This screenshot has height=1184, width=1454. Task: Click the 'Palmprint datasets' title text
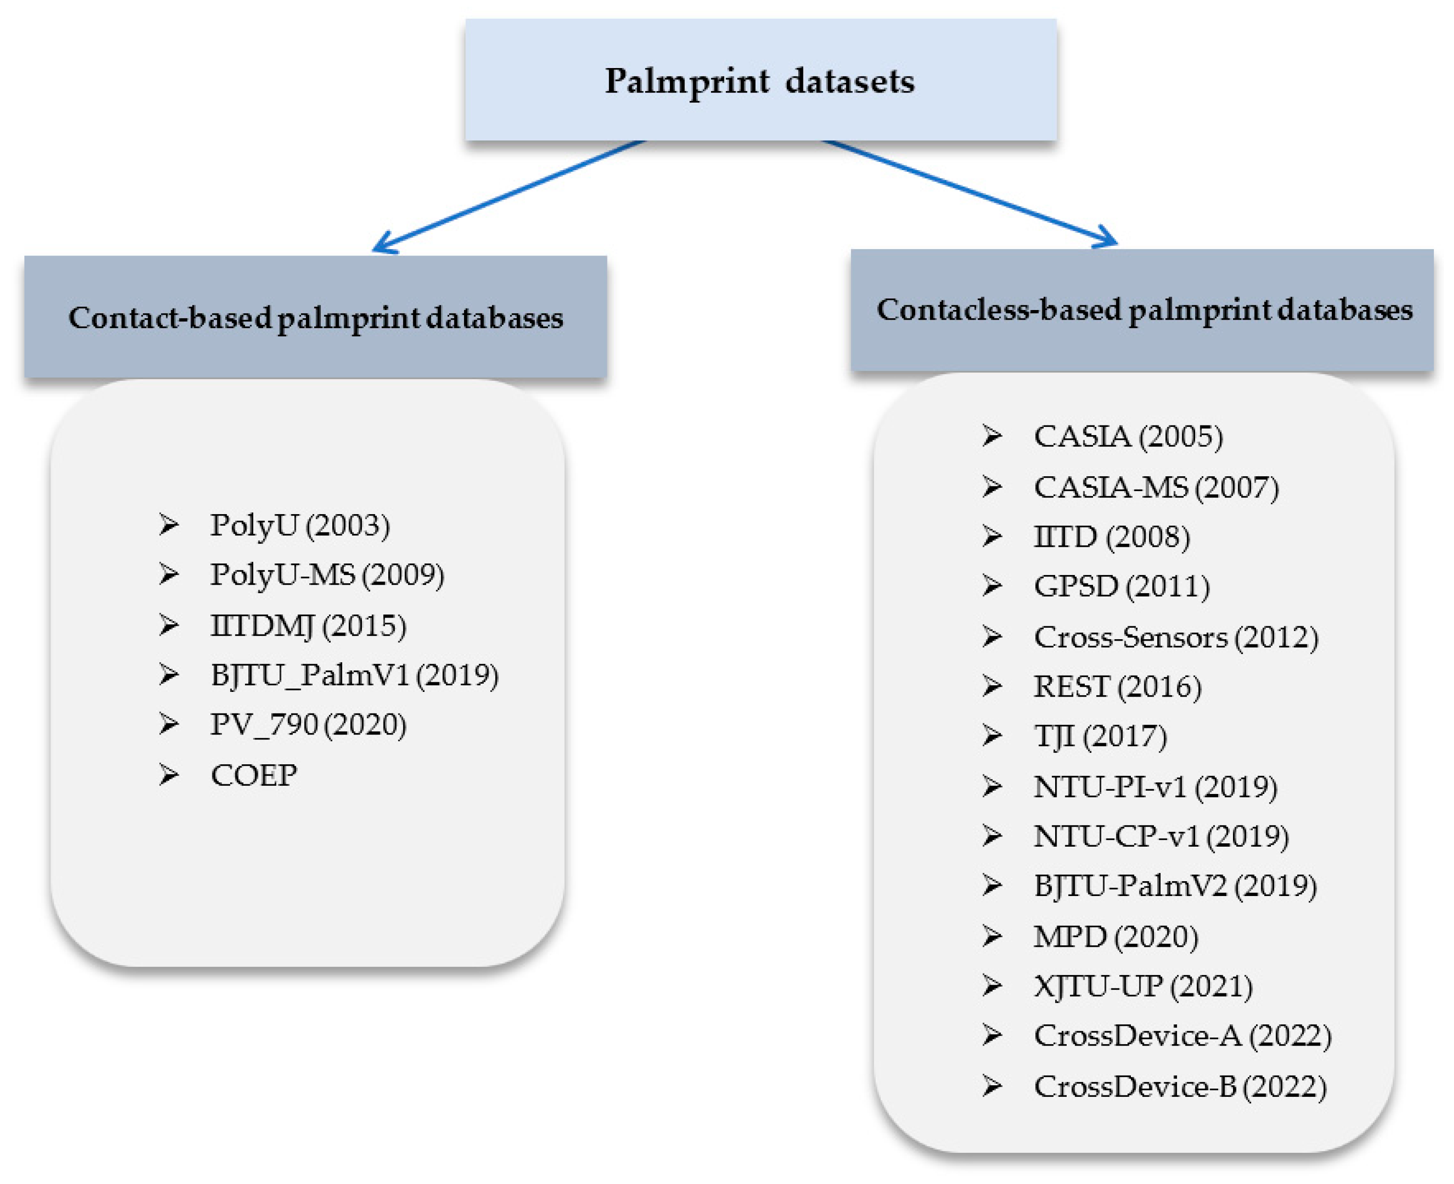point(759,81)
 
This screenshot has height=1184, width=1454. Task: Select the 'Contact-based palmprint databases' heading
point(315,318)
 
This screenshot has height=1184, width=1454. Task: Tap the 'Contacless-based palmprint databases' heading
point(1143,310)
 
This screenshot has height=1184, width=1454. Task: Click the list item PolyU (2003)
point(300,526)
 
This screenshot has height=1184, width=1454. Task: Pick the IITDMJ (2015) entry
point(308,625)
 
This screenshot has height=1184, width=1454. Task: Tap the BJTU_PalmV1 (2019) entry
point(354,675)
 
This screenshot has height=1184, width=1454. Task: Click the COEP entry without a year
point(254,775)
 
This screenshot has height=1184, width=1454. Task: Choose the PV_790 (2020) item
point(308,724)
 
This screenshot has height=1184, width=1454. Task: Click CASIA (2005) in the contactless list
point(1128,437)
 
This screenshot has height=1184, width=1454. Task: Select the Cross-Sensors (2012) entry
point(1175,637)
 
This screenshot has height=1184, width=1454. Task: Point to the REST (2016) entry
point(1117,687)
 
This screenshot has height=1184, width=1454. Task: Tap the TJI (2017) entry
point(1100,736)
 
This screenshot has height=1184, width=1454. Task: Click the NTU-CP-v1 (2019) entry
point(1161,837)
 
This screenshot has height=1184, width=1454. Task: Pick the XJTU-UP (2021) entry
point(1143,986)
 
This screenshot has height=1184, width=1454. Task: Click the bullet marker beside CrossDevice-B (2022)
point(992,1086)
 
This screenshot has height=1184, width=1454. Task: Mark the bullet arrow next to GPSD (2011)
point(992,586)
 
